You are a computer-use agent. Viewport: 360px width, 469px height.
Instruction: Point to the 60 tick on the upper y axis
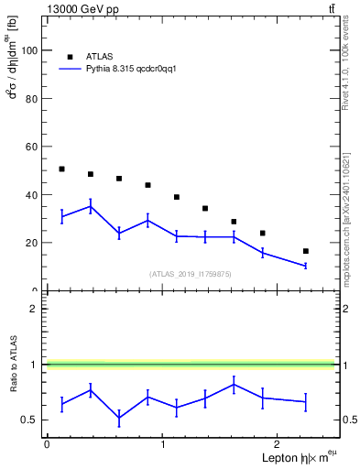(x=34, y=147)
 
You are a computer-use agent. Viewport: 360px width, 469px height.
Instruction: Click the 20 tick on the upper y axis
(x=34, y=243)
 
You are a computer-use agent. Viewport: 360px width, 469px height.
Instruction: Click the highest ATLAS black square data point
(x=61, y=169)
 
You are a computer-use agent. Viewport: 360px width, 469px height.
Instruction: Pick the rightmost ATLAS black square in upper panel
(x=306, y=251)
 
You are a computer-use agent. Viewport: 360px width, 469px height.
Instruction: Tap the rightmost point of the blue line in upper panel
(x=306, y=266)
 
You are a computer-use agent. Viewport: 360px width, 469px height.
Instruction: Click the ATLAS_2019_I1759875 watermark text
(x=191, y=273)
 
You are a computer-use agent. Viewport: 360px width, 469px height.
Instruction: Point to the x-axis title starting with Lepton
(x=298, y=457)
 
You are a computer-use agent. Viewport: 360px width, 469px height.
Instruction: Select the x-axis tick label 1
(x=162, y=444)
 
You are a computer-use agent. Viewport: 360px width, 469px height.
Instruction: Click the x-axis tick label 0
(x=47, y=444)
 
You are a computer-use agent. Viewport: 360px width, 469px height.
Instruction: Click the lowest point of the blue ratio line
(x=119, y=418)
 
